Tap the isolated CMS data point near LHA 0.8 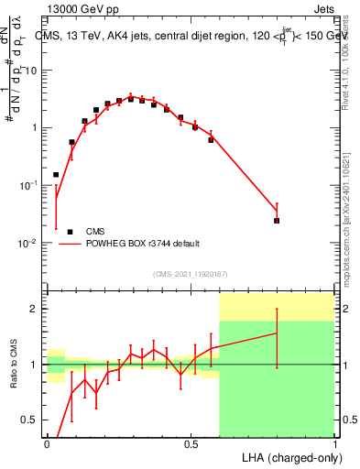[277, 221]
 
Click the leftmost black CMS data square [56, 174]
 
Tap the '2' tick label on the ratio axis [38, 309]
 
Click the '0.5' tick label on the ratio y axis [33, 420]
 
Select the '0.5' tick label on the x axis [191, 444]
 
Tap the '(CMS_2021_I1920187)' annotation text [190, 273]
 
